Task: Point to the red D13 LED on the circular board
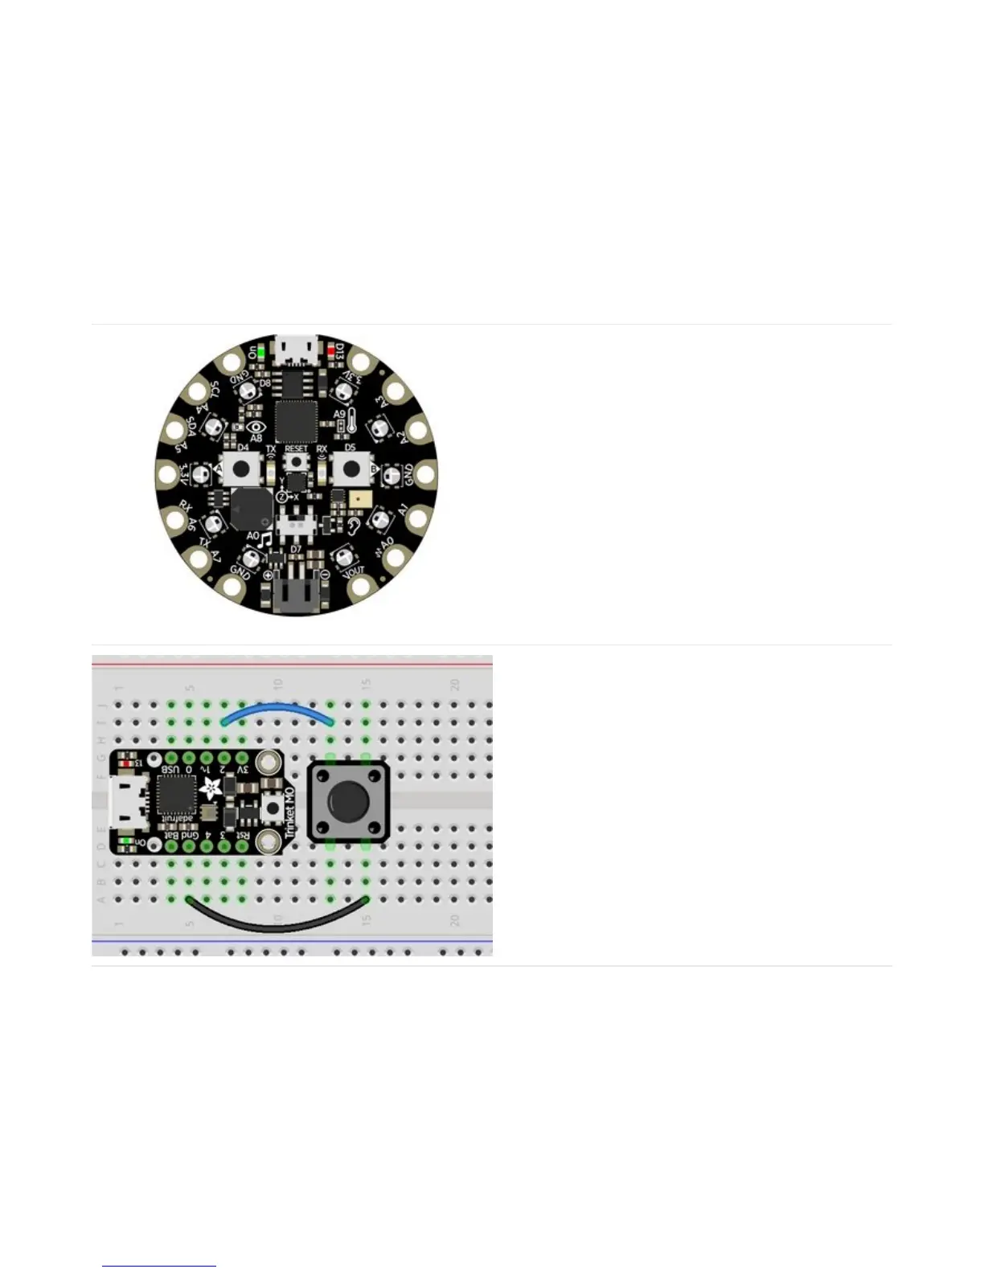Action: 330,351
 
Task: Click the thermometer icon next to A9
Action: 351,419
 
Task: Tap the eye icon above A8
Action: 256,427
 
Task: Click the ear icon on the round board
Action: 354,526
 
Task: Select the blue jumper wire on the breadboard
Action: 277,708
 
